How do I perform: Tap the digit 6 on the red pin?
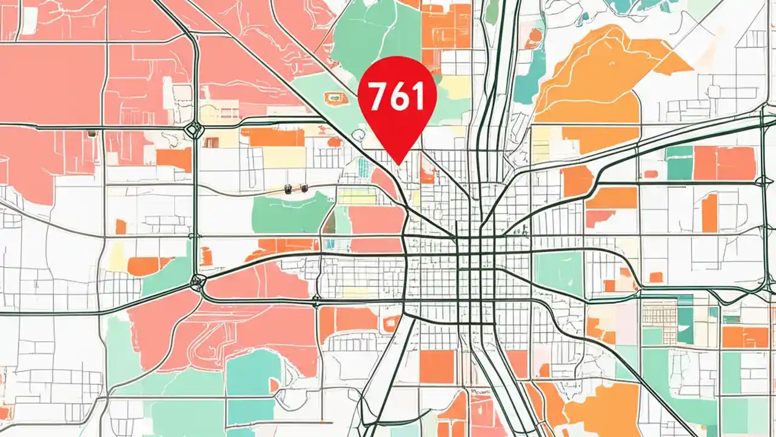(396, 97)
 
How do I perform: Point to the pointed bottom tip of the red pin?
(398, 163)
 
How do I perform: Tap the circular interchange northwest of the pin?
(195, 128)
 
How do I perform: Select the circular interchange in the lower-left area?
(197, 282)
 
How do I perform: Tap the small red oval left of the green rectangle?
(651, 174)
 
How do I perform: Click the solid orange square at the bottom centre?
(436, 367)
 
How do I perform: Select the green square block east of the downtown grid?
(558, 273)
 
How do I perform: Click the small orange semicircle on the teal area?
(275, 385)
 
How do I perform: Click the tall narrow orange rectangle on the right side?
(709, 212)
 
